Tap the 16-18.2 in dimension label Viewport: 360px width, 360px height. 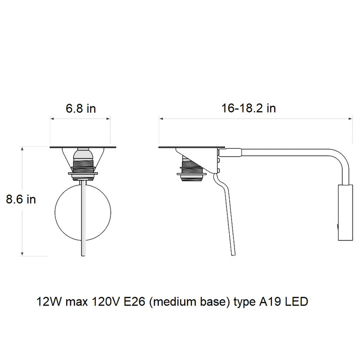[x=248, y=109]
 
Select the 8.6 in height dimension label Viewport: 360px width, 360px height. [x=21, y=199]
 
